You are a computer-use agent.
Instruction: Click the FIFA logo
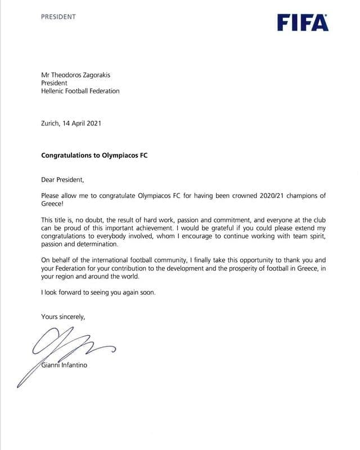click(303, 22)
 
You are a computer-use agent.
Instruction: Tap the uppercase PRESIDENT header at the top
click(58, 17)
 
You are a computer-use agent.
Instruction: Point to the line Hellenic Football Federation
click(80, 91)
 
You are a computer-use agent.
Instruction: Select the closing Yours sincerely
click(63, 317)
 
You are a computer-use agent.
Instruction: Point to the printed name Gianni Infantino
click(64, 366)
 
